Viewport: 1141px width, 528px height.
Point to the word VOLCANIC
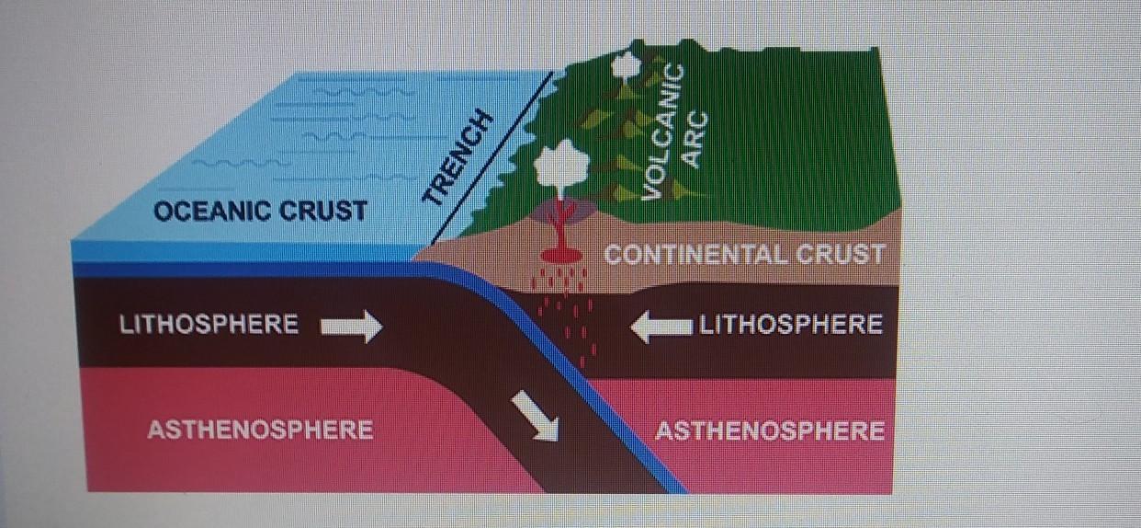click(661, 130)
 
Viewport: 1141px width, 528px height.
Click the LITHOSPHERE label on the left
click(209, 325)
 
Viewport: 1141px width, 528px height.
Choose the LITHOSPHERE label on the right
click(791, 324)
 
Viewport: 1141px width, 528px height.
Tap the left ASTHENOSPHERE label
click(259, 430)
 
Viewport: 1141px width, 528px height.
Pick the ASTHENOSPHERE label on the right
click(769, 430)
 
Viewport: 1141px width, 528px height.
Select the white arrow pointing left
click(661, 326)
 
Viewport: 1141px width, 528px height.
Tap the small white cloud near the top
click(627, 63)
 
